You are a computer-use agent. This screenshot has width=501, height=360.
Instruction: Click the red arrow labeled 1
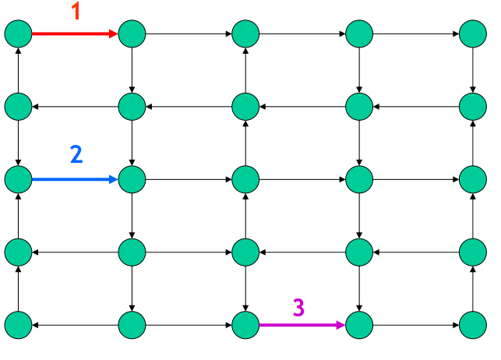pos(75,34)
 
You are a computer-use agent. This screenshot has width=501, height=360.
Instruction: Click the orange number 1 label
pos(76,12)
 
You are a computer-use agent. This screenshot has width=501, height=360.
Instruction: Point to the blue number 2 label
pos(76,154)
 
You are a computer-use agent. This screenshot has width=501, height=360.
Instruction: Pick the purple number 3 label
pos(298,307)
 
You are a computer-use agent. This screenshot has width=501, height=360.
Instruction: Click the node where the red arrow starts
pos(18,34)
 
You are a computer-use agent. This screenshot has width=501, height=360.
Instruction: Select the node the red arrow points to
pos(132,34)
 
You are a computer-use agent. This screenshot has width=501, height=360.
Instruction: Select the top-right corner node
pos(473,34)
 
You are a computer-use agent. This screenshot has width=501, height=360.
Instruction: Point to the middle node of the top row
pos(245,34)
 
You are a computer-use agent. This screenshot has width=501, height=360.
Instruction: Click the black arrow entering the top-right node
pos(416,34)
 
